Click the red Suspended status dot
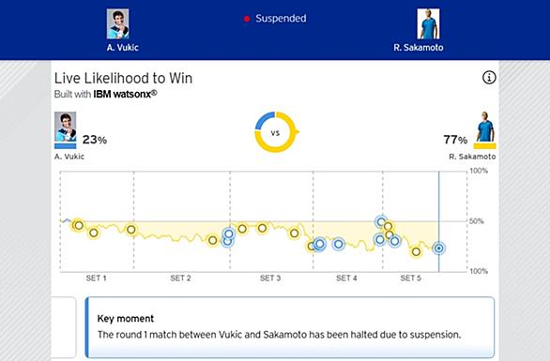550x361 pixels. pyautogui.click(x=247, y=19)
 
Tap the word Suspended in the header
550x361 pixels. pyautogui.click(x=281, y=18)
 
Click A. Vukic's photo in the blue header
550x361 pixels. pyautogui.click(x=118, y=23)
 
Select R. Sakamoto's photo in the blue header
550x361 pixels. pyautogui.click(x=428, y=23)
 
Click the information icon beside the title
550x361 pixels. pyautogui.click(x=489, y=78)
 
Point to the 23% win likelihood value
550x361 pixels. pyautogui.click(x=95, y=140)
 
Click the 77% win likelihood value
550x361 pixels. pyautogui.click(x=455, y=140)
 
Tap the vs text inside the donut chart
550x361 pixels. pyautogui.click(x=275, y=133)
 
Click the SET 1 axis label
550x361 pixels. pyautogui.click(x=96, y=278)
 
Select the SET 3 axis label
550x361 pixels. pyautogui.click(x=270, y=278)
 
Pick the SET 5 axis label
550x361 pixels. pyautogui.click(x=410, y=278)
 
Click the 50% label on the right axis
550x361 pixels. pyautogui.click(x=477, y=221)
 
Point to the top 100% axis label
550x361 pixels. pyautogui.click(x=479, y=171)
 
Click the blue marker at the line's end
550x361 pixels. pyautogui.click(x=438, y=248)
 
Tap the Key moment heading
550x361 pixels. pyautogui.click(x=126, y=318)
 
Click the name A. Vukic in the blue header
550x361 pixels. pyautogui.click(x=123, y=47)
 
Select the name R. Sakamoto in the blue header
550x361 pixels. pyautogui.click(x=419, y=47)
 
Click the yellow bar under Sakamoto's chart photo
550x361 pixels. pyautogui.click(x=484, y=145)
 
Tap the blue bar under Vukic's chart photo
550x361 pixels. pyautogui.click(x=66, y=145)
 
